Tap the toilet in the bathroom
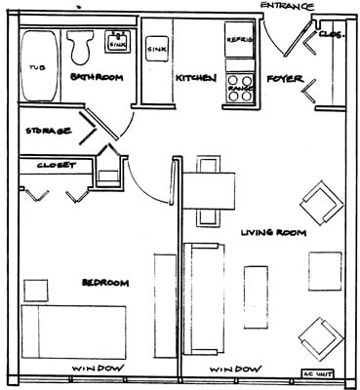(x=79, y=44)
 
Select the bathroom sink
(x=117, y=43)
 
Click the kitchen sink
(x=155, y=47)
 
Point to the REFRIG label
(x=240, y=40)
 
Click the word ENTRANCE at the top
(x=288, y=7)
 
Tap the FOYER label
(x=285, y=78)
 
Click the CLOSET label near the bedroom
(x=56, y=166)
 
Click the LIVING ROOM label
(x=272, y=233)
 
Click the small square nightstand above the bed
(x=36, y=290)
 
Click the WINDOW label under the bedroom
(x=97, y=369)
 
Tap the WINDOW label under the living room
(x=235, y=369)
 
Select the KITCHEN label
(x=195, y=78)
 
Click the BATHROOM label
(x=98, y=77)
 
